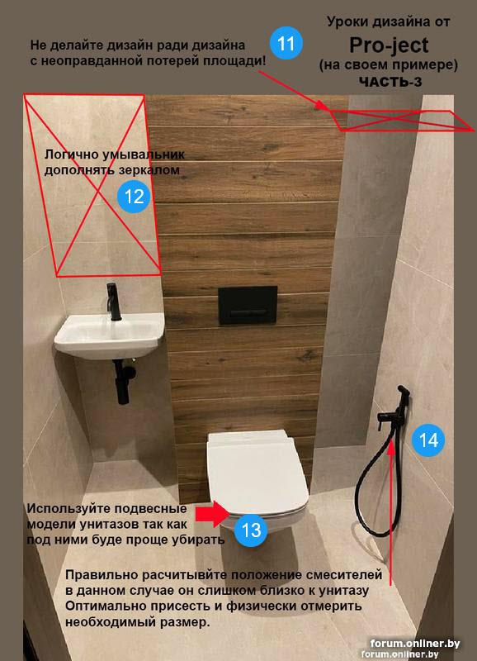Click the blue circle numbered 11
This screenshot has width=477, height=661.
[286, 43]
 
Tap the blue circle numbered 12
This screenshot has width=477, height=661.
[134, 197]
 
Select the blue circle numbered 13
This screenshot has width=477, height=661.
[251, 530]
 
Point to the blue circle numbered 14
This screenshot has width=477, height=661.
[428, 440]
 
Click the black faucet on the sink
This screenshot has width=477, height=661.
[113, 302]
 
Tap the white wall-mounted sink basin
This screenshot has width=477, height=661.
[110, 335]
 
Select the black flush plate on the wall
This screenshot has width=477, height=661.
[248, 305]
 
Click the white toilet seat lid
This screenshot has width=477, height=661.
[257, 472]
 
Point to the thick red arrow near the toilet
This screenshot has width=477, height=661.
[213, 514]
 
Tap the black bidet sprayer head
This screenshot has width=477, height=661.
[404, 393]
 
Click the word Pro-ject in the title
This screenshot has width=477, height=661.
[389, 45]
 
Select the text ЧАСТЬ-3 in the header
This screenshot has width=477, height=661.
[390, 81]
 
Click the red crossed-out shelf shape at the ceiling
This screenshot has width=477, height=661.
[402, 120]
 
